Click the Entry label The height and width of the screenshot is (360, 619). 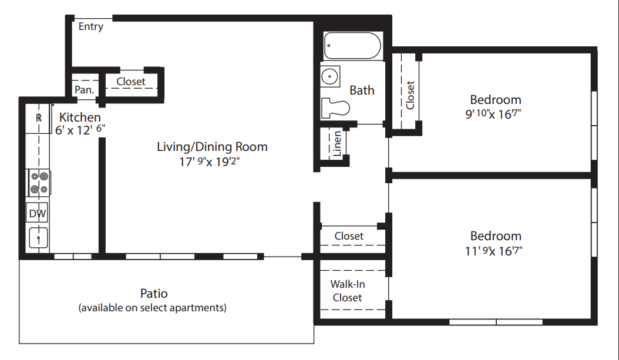point(91,26)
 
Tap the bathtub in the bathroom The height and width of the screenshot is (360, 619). point(352,46)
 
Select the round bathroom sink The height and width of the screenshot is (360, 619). point(329,76)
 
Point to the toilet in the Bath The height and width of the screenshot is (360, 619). point(335,108)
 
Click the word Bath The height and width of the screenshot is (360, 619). point(362,90)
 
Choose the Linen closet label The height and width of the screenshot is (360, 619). point(337,144)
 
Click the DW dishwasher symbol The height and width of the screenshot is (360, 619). point(38,214)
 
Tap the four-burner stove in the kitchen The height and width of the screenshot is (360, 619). point(39,183)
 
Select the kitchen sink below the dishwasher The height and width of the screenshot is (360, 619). point(38,238)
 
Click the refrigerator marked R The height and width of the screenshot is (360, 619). point(38,117)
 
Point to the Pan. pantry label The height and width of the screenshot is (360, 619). point(84,90)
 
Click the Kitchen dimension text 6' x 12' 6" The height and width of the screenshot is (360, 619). point(80,130)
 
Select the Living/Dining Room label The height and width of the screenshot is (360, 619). point(212,147)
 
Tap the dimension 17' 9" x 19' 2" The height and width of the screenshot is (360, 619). point(209,162)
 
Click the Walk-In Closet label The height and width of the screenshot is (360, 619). point(348,291)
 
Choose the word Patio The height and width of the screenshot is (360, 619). point(154,293)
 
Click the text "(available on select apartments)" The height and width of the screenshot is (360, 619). point(152,308)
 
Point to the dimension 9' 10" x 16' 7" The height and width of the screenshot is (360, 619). point(493,114)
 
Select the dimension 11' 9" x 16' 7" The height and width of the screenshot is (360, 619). point(493,251)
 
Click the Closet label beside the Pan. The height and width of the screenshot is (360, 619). point(130,82)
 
